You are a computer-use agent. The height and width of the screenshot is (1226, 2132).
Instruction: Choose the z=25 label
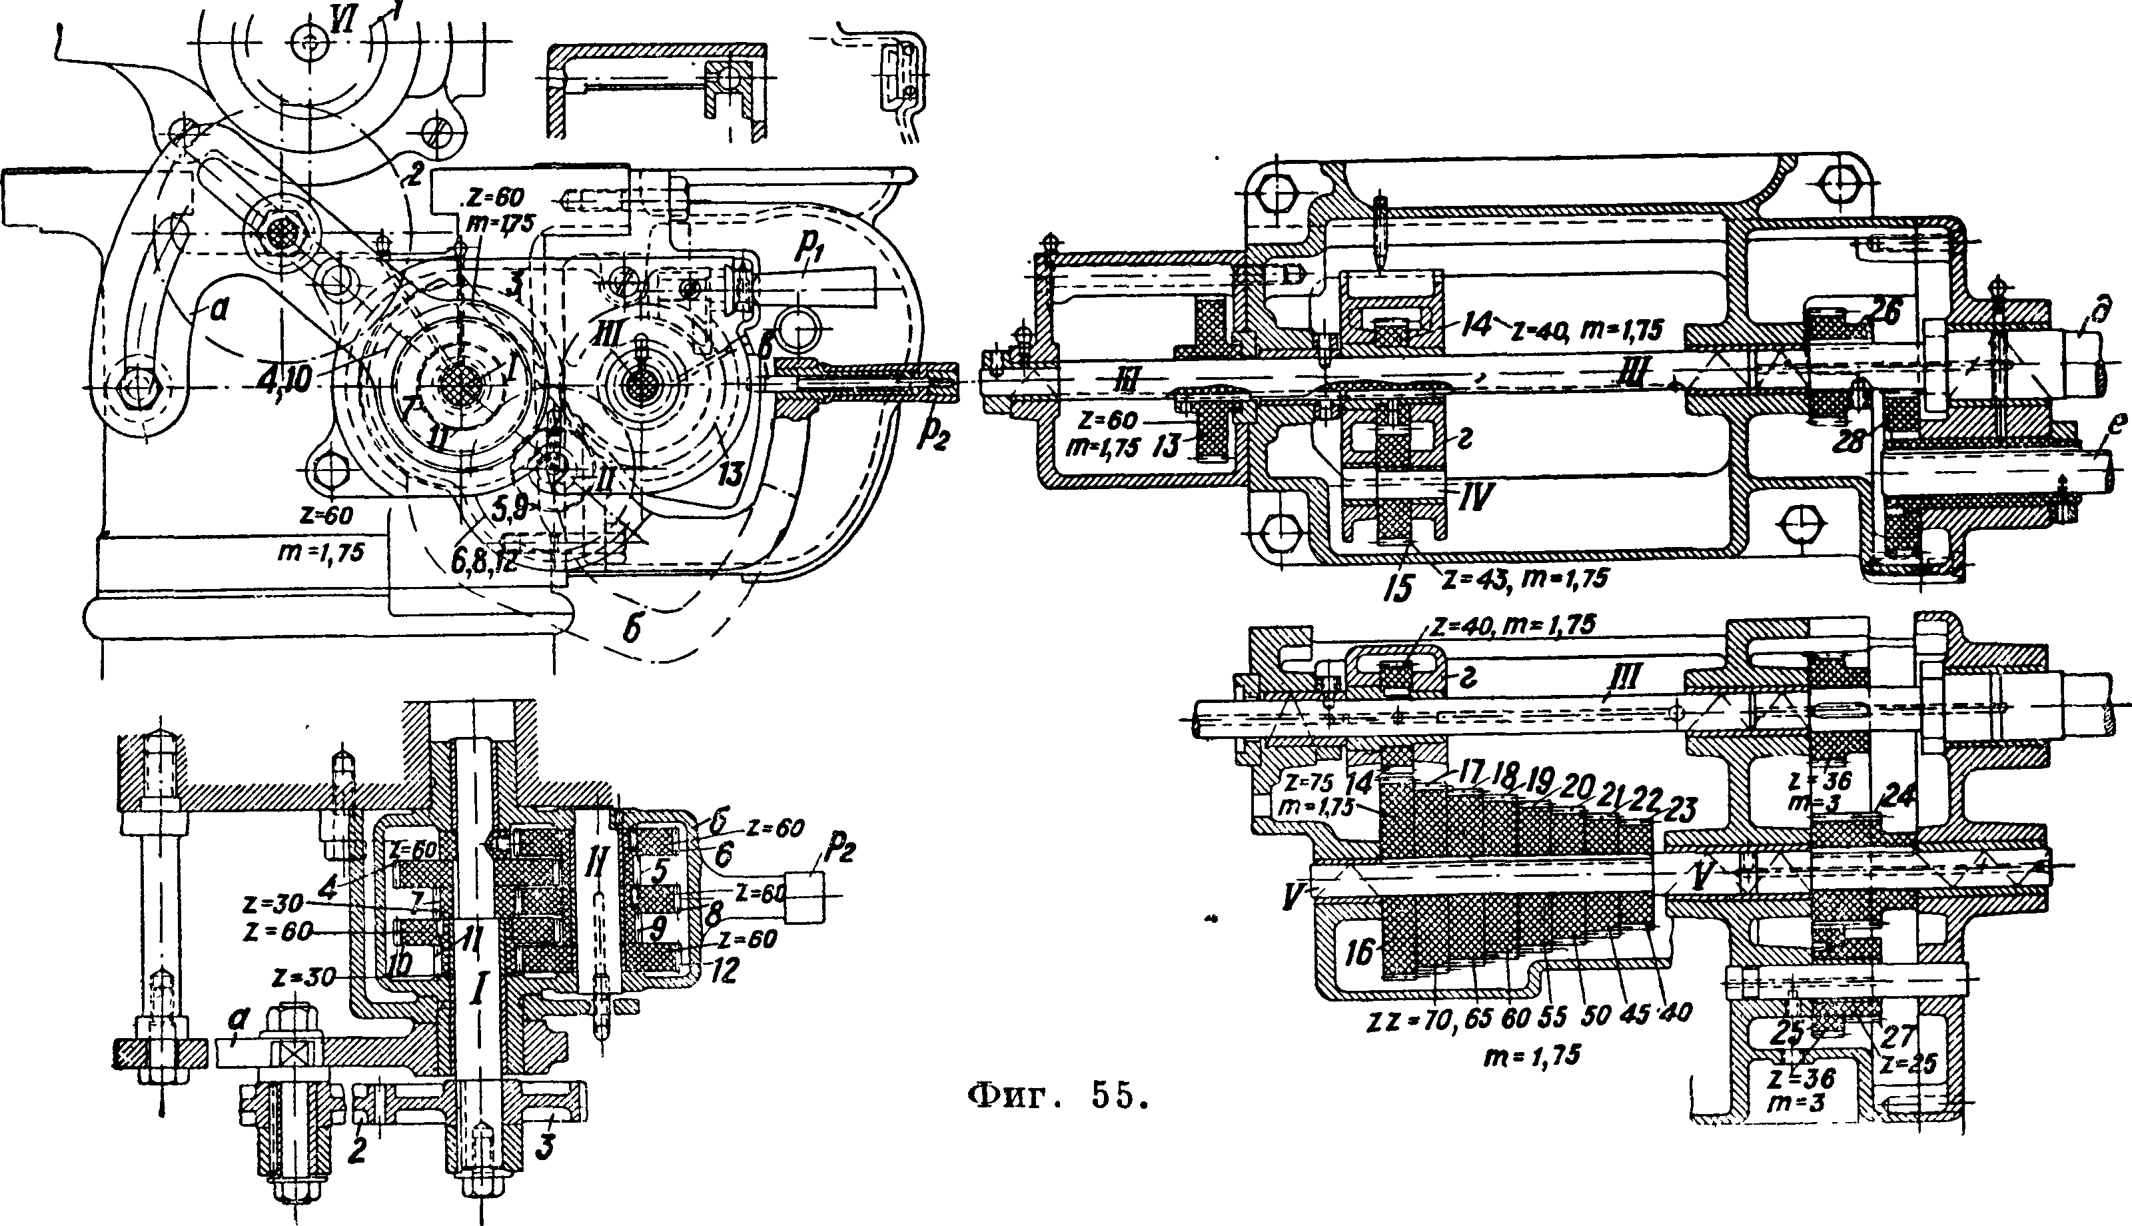pyautogui.click(x=1909, y=1063)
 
